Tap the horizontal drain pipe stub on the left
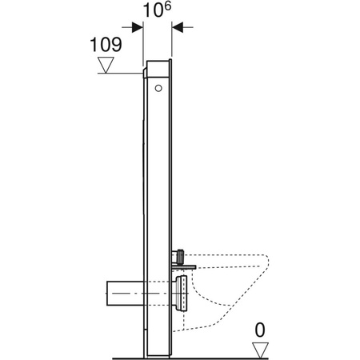pyautogui.click(x=123, y=292)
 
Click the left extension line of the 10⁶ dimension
pyautogui.click(x=144, y=40)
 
